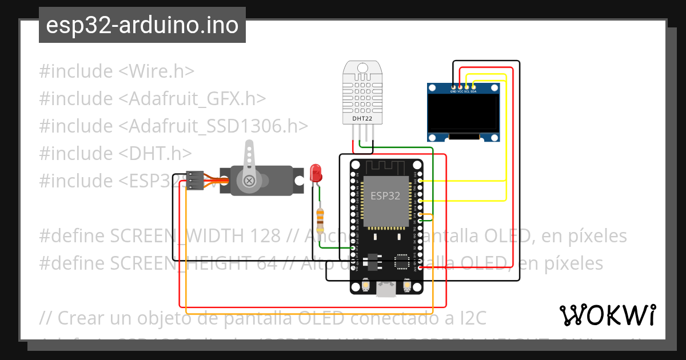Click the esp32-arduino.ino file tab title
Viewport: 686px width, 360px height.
pos(142,25)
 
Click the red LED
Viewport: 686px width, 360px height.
pos(315,172)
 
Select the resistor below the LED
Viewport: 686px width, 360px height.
pos(320,217)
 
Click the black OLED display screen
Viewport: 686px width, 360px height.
pos(464,112)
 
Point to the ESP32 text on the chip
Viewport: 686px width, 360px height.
pos(385,196)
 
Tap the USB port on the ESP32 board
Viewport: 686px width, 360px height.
pos(386,290)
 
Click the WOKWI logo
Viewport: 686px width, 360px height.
pos(607,315)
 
